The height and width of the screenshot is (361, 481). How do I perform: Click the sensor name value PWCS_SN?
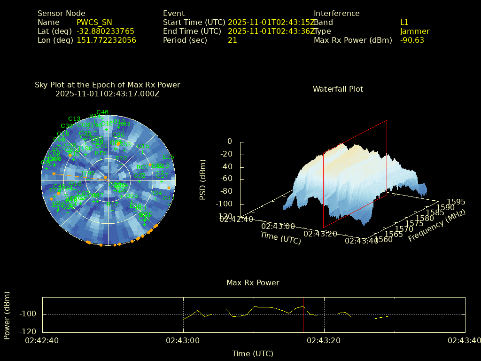94,22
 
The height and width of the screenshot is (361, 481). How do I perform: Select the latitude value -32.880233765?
105,31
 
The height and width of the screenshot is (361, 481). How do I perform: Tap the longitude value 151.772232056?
106,40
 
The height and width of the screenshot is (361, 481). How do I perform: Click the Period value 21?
232,40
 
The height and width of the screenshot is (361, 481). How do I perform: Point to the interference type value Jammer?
415,31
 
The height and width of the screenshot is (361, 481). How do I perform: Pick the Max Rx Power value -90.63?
412,40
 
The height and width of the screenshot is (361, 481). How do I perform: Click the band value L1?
404,22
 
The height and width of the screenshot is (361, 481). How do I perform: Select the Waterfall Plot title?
338,89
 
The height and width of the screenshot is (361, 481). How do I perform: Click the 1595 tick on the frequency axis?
456,202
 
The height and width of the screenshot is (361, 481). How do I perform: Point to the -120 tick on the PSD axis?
225,217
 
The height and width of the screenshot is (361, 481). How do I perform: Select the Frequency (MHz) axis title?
437,226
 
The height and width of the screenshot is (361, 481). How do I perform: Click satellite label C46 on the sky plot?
102,112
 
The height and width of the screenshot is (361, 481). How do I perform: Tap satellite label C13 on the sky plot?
74,119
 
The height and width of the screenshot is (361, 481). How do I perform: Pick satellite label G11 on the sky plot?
169,198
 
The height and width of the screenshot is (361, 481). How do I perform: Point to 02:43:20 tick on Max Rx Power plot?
324,340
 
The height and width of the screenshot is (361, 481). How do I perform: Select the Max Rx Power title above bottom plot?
253,283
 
